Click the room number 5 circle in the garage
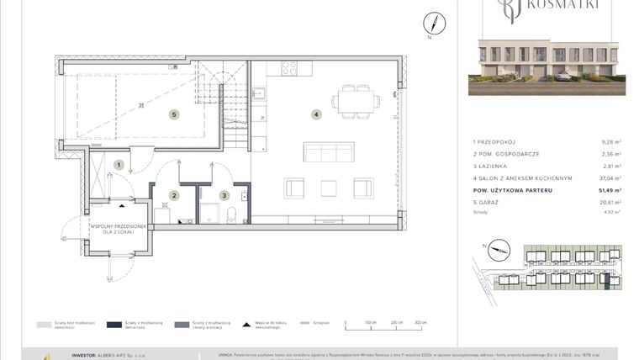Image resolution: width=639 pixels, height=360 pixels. tap(173, 114)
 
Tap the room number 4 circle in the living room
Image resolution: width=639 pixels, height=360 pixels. tap(315, 114)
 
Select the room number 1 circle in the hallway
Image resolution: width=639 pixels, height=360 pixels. tap(119, 165)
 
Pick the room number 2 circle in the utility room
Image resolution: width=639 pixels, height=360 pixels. tap(174, 195)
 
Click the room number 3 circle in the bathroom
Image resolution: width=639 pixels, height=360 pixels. tap(224, 195)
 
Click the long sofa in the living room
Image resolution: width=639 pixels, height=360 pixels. tap(328, 151)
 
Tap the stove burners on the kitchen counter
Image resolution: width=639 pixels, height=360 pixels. tap(288, 68)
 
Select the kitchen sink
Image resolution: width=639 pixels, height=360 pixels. tap(259, 93)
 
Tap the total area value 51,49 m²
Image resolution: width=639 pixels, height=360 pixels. tap(610, 191)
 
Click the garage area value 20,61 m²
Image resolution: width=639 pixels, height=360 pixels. tap(611, 203)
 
